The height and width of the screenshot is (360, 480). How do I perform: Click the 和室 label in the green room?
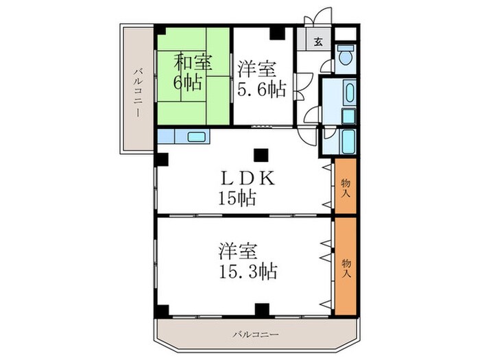tap(193, 62)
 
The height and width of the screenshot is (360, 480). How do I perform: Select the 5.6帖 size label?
tap(263, 89)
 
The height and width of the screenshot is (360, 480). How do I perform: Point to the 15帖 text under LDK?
tap(237, 199)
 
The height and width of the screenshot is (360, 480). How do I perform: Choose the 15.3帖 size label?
tap(248, 271)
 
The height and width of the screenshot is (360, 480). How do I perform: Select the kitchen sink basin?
tap(197, 136)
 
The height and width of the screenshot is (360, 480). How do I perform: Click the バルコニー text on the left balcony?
tap(138, 93)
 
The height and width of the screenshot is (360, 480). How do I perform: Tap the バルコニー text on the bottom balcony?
tap(255, 335)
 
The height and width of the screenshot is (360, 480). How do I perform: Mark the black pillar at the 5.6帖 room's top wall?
tap(276, 32)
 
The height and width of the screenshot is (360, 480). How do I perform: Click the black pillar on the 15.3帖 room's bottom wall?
tap(261, 309)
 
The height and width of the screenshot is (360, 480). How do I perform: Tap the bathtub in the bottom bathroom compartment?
tap(348, 143)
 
